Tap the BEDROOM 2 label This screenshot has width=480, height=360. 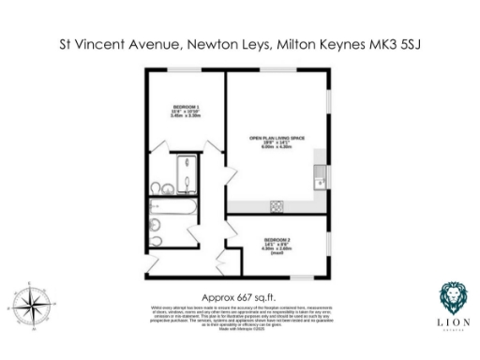pos(276,241)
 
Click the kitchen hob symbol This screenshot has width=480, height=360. pos(277,206)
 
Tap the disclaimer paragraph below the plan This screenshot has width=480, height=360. pos(239,314)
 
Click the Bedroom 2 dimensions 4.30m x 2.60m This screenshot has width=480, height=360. pos(276,250)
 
